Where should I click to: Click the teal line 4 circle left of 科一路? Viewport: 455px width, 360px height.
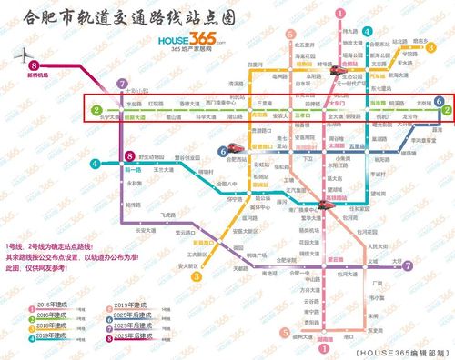(x=94, y=164)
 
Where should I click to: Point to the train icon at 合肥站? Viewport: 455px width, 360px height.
(x=349, y=67)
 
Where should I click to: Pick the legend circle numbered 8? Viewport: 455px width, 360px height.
(x=119, y=335)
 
